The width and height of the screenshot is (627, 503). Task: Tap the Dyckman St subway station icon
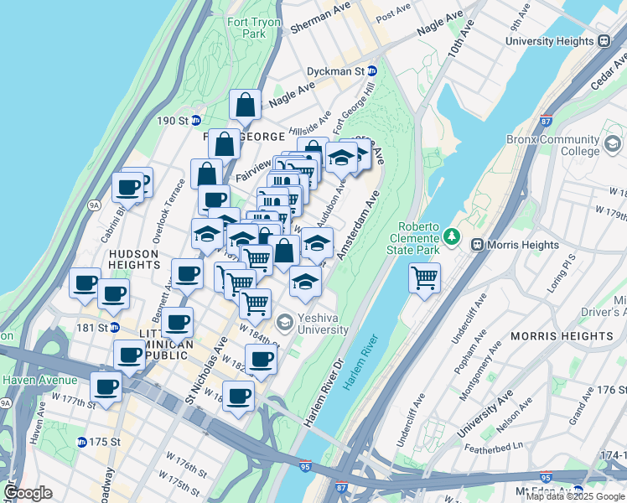click(x=372, y=72)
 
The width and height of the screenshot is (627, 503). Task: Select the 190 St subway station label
click(x=172, y=121)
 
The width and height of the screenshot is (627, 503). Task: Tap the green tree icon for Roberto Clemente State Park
click(x=453, y=237)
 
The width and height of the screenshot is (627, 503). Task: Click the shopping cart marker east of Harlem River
click(x=425, y=276)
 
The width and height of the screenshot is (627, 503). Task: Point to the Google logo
click(x=28, y=493)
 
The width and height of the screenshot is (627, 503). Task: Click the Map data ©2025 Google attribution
click(x=575, y=496)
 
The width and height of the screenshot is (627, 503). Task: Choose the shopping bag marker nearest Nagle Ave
click(x=245, y=106)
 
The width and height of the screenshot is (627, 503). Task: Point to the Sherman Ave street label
click(x=319, y=27)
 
